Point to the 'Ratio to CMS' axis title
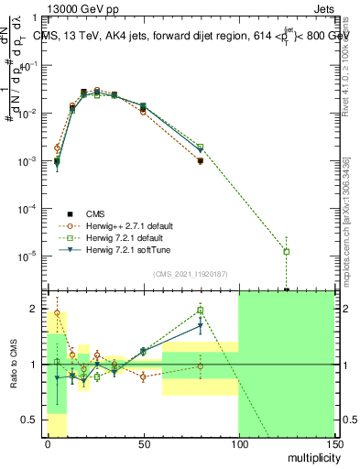pyautogui.click(x=15, y=363)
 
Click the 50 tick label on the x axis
pyautogui.click(x=143, y=442)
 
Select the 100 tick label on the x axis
pyautogui.click(x=238, y=442)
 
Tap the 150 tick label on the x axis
pyautogui.click(x=333, y=442)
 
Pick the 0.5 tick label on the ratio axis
pyautogui.click(x=30, y=420)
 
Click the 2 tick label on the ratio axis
pyautogui.click(x=34, y=309)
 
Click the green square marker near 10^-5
pyautogui.click(x=287, y=251)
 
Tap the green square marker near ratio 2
pyautogui.click(x=201, y=311)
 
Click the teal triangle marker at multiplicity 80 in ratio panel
pyautogui.click(x=201, y=325)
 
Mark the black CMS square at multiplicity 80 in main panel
pyautogui.click(x=200, y=161)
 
